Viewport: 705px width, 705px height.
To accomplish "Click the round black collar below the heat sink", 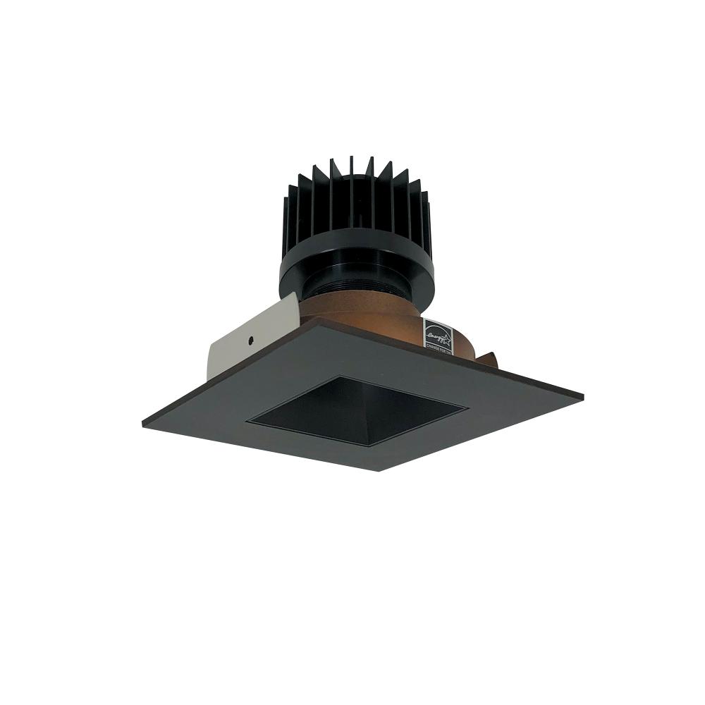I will point(356,271).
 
